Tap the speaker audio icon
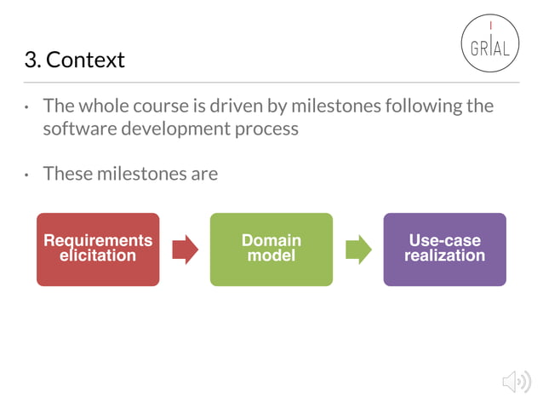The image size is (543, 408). (x=516, y=382)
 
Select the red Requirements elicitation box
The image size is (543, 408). (x=98, y=249)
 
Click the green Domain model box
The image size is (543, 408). (x=271, y=249)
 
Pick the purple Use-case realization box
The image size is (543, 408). (x=444, y=249)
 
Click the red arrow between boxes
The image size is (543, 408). (x=185, y=249)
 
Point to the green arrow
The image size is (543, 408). (x=358, y=249)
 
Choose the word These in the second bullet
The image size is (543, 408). (x=66, y=174)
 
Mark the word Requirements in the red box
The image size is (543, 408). (x=98, y=241)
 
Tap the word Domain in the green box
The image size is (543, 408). (x=271, y=241)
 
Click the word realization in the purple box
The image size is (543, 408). (x=444, y=256)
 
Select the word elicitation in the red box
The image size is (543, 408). (x=98, y=256)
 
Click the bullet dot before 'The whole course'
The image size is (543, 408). (x=26, y=108)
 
